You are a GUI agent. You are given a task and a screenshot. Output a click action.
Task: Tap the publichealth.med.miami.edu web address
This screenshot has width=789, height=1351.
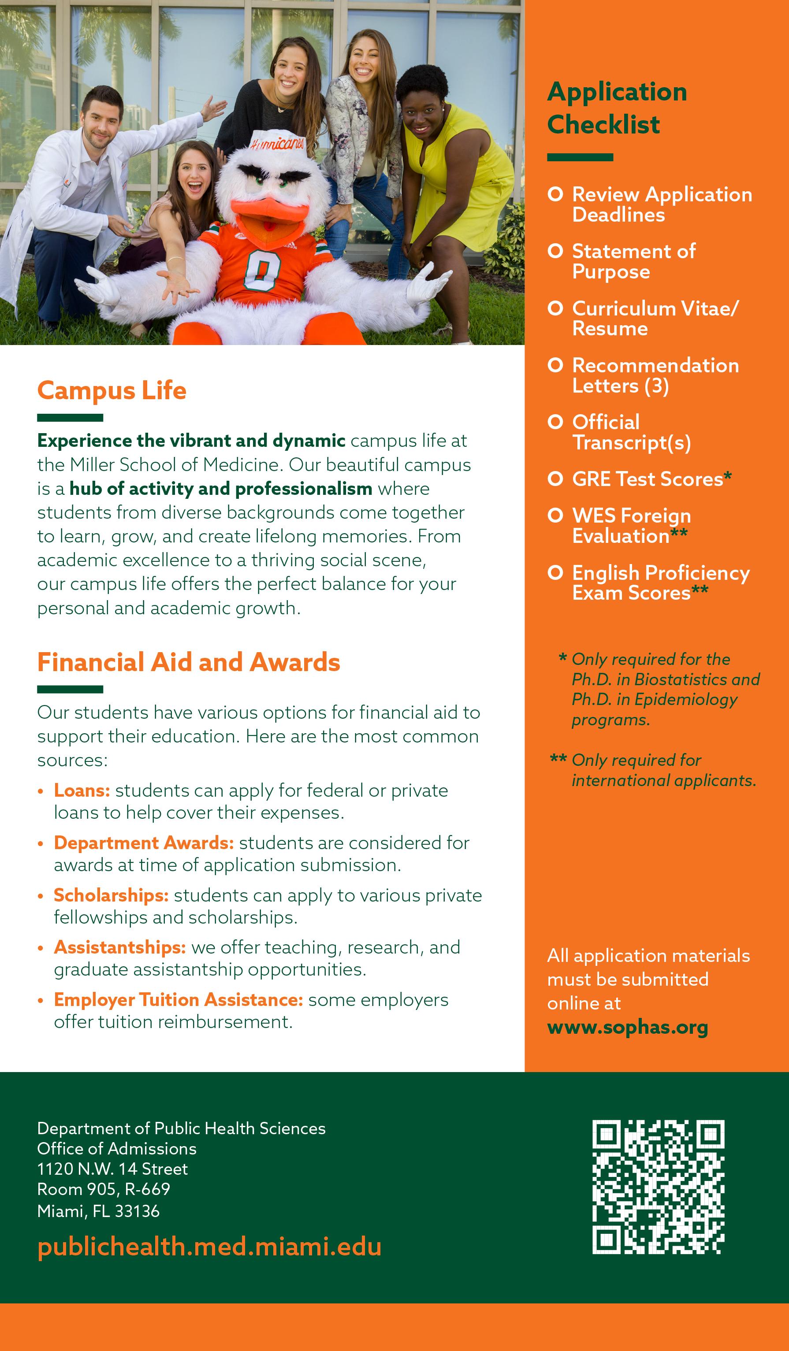point(209,1247)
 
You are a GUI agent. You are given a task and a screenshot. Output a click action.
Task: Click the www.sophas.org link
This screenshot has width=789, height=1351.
point(628,1027)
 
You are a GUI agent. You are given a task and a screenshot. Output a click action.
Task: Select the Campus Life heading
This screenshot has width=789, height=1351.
point(112,390)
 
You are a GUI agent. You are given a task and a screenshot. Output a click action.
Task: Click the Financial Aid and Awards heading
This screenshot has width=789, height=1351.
point(188,662)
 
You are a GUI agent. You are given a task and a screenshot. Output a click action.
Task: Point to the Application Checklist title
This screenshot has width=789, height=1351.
point(617,108)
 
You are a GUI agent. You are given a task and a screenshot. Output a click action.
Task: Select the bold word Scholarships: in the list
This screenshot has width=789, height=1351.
point(111,895)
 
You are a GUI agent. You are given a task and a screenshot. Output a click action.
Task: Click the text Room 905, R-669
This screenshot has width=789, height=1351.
point(104,1189)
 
